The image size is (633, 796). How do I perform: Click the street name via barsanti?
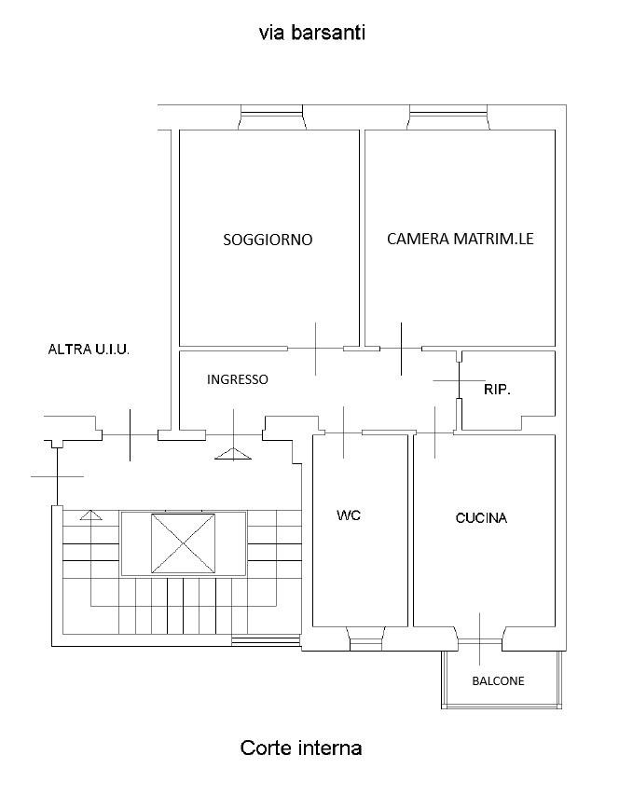point(311,33)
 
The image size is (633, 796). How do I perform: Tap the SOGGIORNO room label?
point(268,240)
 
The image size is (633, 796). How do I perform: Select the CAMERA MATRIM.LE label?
point(460,239)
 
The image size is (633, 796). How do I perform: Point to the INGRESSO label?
point(237,379)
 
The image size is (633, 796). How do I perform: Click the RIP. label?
point(497,390)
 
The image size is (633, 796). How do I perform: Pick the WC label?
point(349,515)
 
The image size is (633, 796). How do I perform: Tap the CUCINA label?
point(481,518)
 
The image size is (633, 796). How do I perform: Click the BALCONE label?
point(498,680)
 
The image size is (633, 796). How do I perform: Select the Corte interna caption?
point(300,748)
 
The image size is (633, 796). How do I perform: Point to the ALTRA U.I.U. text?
point(89,350)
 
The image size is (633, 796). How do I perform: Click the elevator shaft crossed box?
point(184,543)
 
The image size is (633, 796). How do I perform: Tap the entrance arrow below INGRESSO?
point(233,454)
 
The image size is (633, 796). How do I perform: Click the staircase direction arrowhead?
point(90,515)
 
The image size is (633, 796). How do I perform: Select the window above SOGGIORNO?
point(271,117)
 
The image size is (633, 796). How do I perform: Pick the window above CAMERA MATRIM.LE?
point(448,117)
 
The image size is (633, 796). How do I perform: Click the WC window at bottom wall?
point(366,639)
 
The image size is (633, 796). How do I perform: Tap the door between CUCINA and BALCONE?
point(480,639)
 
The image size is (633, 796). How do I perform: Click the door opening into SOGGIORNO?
point(316,349)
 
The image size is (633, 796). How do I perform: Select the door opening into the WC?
point(344,432)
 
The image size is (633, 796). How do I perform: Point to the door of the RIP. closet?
point(459,380)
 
